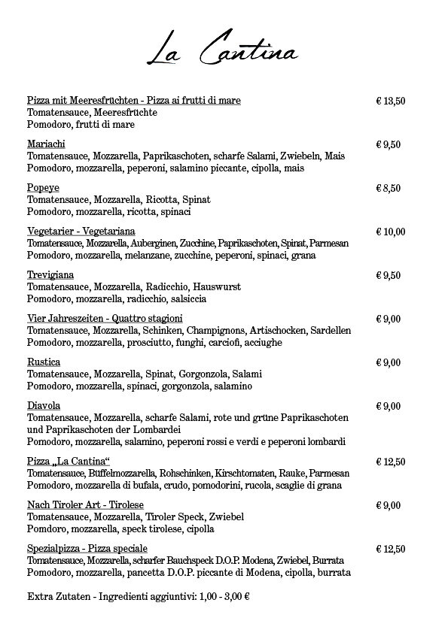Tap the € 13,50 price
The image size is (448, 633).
(x=391, y=101)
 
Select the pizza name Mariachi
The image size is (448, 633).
(x=46, y=144)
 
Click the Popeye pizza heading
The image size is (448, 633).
(x=43, y=188)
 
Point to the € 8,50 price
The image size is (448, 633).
(x=389, y=188)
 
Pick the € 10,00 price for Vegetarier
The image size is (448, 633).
(x=391, y=232)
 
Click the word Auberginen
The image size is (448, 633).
(x=154, y=244)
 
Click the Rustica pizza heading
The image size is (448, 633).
(x=44, y=362)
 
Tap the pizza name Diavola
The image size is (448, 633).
(x=44, y=406)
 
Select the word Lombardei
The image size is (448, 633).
(x=174, y=430)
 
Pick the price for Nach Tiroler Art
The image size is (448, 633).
(x=389, y=505)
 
